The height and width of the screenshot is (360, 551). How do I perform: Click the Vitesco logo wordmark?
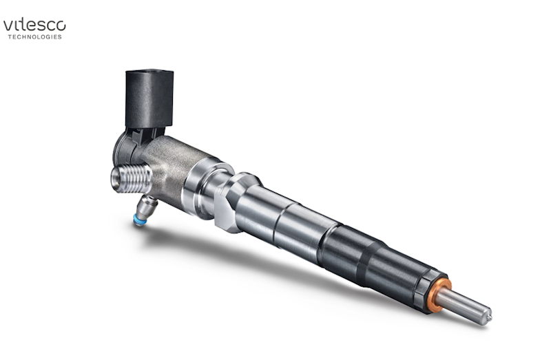[x=34, y=25]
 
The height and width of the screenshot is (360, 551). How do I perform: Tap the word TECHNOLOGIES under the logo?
[x=34, y=37]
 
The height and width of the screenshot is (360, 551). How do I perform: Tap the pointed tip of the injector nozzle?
[x=488, y=315]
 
